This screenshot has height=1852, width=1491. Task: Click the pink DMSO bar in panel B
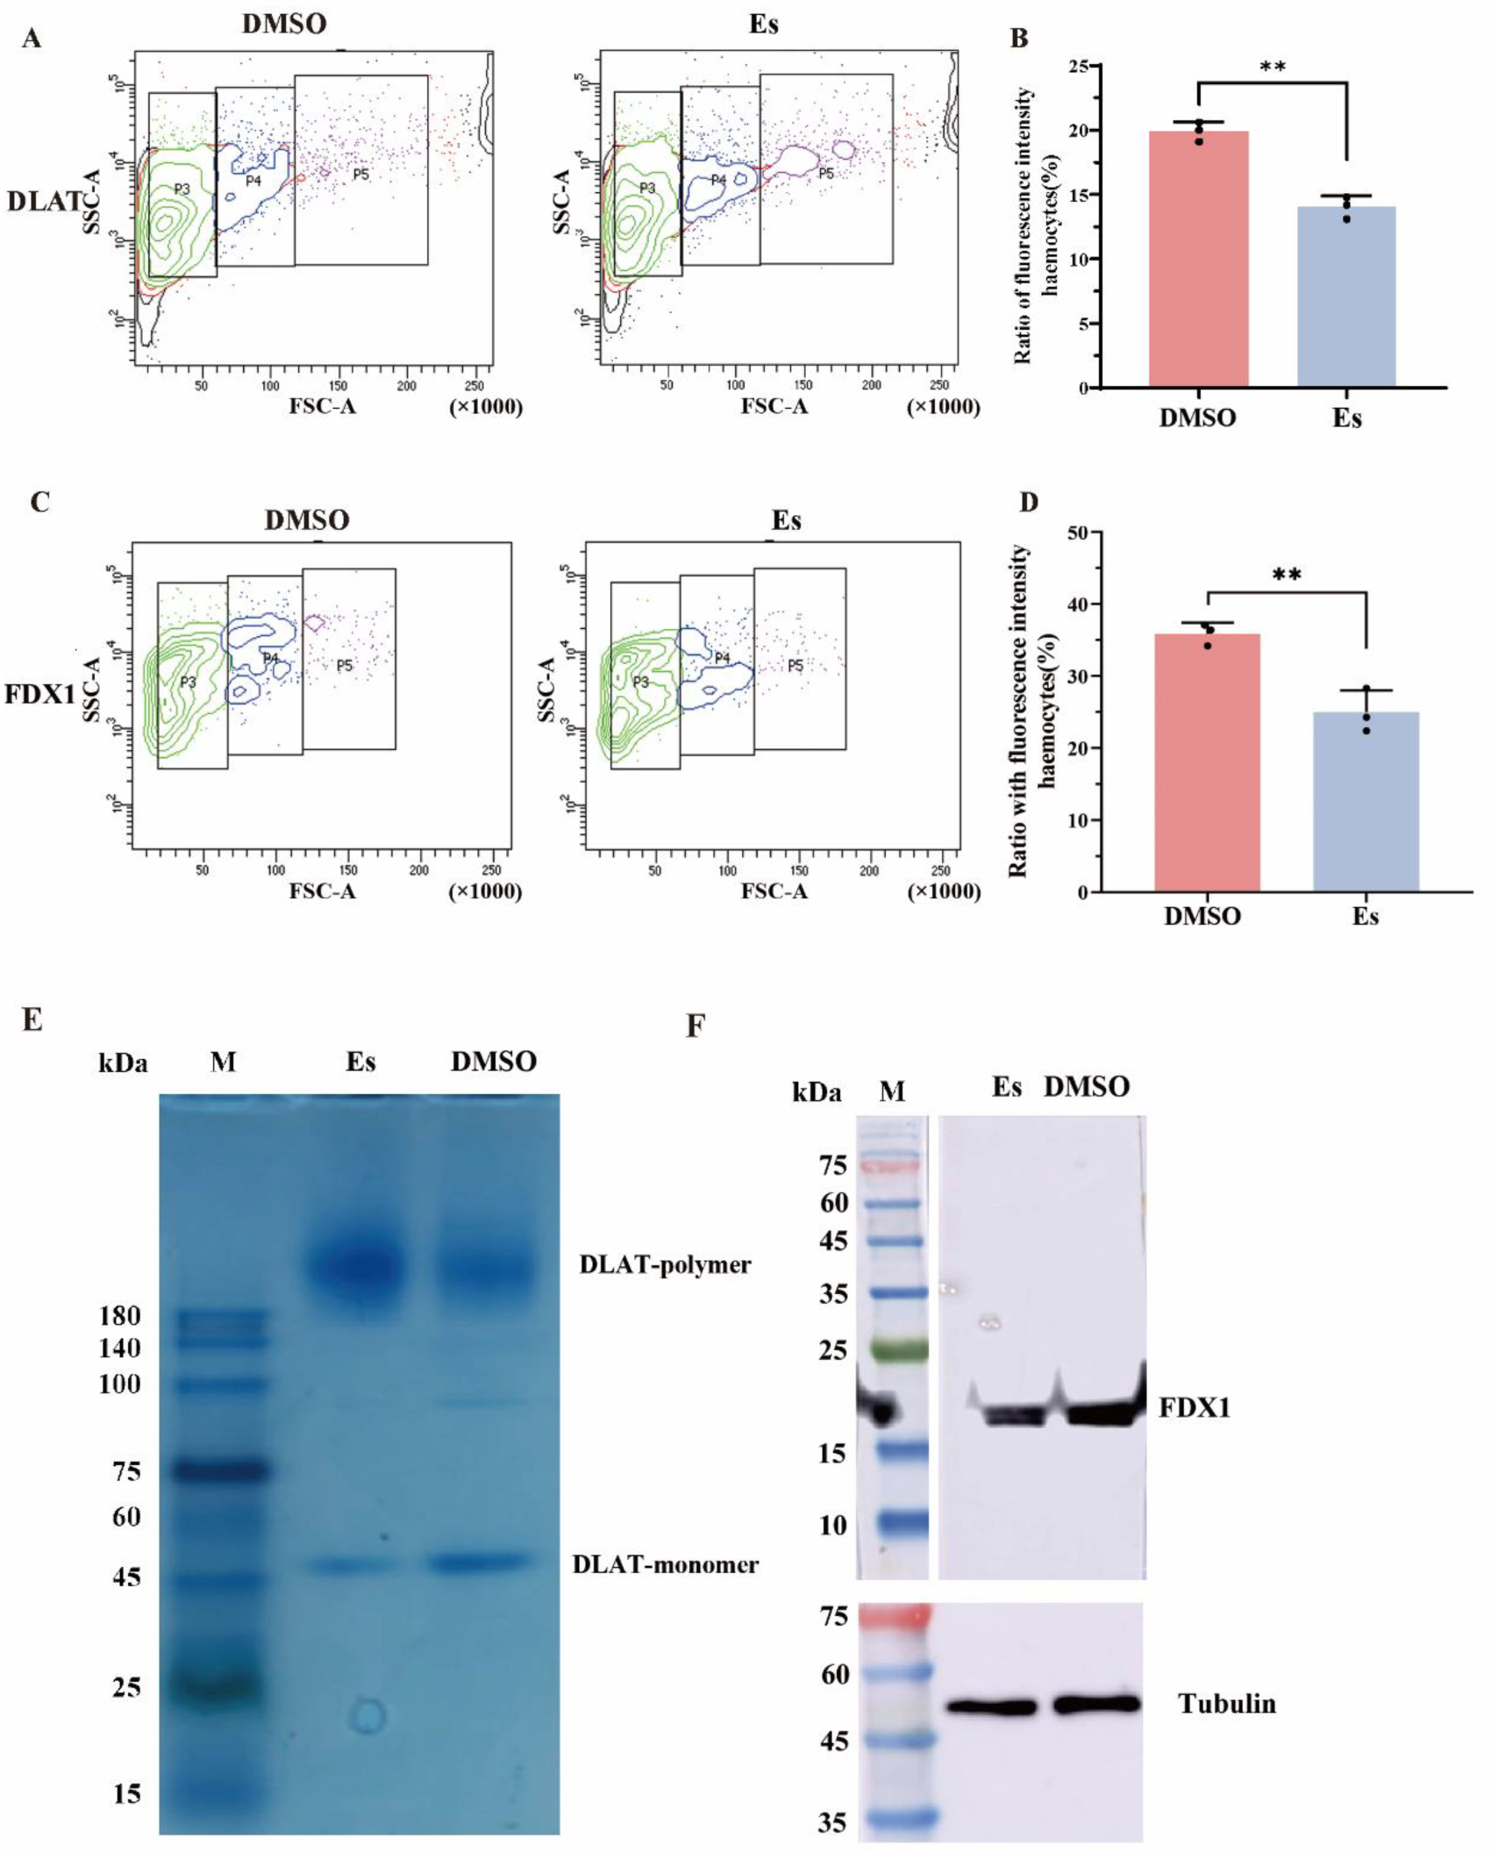[1198, 259]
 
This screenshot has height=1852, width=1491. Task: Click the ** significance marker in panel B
[1272, 68]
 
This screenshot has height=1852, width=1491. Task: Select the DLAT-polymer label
[665, 1264]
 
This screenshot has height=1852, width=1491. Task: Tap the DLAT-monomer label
[665, 1563]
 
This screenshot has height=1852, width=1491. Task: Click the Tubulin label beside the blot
[1227, 1704]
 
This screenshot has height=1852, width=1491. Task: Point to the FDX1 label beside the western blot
[1194, 1408]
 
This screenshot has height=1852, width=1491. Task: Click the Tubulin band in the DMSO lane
[1096, 1704]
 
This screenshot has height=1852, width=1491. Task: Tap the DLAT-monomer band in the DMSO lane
[480, 1562]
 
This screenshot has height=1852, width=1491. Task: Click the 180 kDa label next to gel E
[120, 1316]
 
